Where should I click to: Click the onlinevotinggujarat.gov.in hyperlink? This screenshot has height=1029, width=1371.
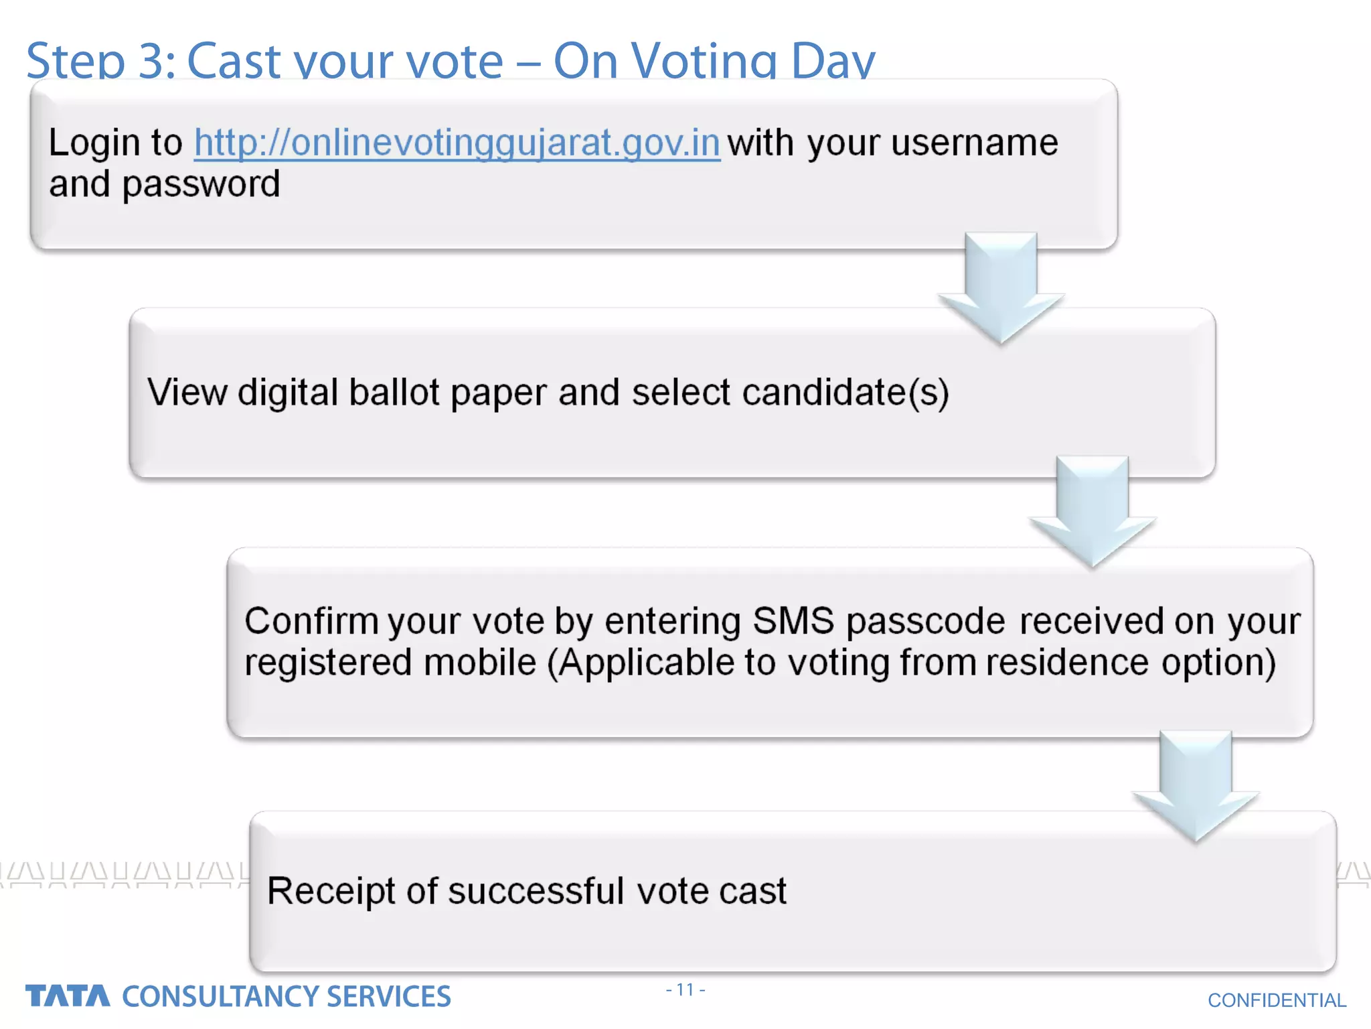tap(457, 143)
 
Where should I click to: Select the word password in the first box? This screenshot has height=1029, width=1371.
tap(201, 185)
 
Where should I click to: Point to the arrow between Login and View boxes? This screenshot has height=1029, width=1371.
tap(1001, 288)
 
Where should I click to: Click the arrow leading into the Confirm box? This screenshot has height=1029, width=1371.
tap(1092, 512)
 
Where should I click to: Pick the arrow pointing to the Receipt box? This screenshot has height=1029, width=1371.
tap(1196, 786)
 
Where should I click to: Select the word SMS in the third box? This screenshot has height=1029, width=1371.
tap(793, 621)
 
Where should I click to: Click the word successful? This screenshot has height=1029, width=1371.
tap(536, 892)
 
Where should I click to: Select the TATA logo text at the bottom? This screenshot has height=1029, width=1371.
tap(68, 996)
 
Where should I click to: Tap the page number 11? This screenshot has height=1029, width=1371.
tap(685, 989)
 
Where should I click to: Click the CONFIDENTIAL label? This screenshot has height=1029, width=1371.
tap(1277, 1000)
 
